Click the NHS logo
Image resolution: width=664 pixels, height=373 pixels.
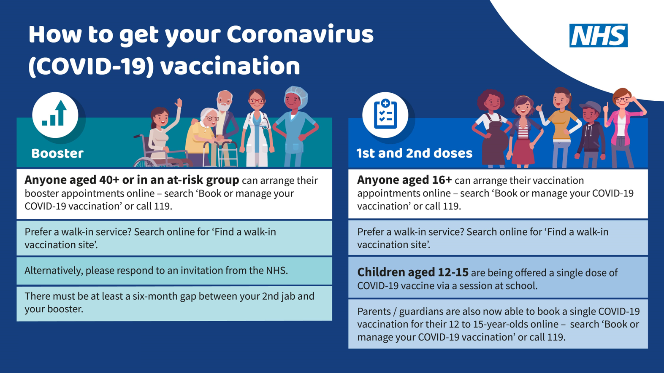pyautogui.click(x=598, y=35)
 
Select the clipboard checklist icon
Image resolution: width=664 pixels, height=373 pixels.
pyautogui.click(x=385, y=115)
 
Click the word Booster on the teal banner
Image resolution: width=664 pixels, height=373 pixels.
pyautogui.click(x=57, y=153)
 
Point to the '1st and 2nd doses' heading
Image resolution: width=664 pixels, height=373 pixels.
pyautogui.click(x=415, y=153)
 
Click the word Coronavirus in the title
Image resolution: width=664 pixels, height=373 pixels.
pyautogui.click(x=300, y=34)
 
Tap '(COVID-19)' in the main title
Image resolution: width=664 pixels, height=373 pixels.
pyautogui.click(x=91, y=66)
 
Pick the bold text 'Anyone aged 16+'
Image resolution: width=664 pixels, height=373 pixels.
pyautogui.click(x=404, y=180)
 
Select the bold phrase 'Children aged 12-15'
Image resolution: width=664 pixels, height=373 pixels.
pyautogui.click(x=413, y=272)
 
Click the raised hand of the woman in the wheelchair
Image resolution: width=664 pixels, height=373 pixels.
pyautogui.click(x=178, y=103)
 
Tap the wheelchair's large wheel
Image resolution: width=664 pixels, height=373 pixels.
pyautogui.click(x=146, y=163)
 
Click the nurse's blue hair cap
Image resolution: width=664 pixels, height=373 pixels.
pyautogui.click(x=296, y=94)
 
